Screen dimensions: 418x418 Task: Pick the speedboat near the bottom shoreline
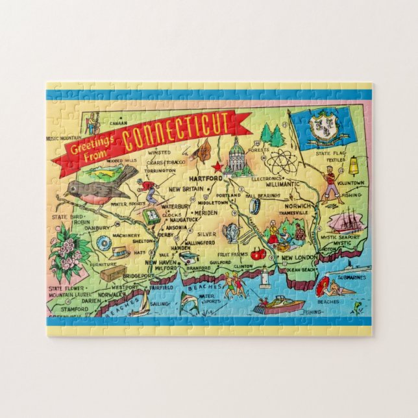pos(279,304)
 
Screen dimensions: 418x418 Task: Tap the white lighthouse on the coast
pos(264,278)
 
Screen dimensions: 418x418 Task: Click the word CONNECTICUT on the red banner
pos(177,131)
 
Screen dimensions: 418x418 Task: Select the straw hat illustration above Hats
pos(120,250)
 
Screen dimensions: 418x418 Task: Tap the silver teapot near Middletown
pos(231,232)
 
